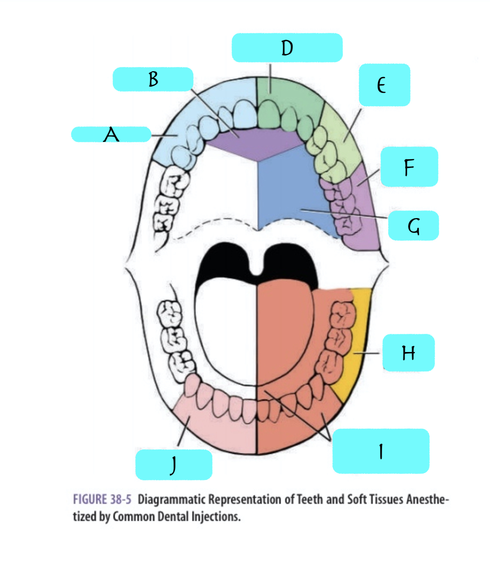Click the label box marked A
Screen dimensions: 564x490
[x=111, y=134]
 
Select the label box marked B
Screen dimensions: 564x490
[x=153, y=79]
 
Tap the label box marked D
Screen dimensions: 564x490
[x=287, y=48]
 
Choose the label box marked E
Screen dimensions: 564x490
[x=384, y=85]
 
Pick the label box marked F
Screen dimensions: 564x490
[x=409, y=167]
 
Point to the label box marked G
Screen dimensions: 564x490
[x=413, y=226]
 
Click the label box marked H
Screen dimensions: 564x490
[x=408, y=352]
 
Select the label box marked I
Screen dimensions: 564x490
[x=380, y=451]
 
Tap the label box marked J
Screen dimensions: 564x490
[x=174, y=464]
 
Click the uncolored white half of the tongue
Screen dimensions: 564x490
[x=225, y=329]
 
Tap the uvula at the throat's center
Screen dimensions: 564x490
[x=257, y=270]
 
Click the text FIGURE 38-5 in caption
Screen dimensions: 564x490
[x=102, y=499]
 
